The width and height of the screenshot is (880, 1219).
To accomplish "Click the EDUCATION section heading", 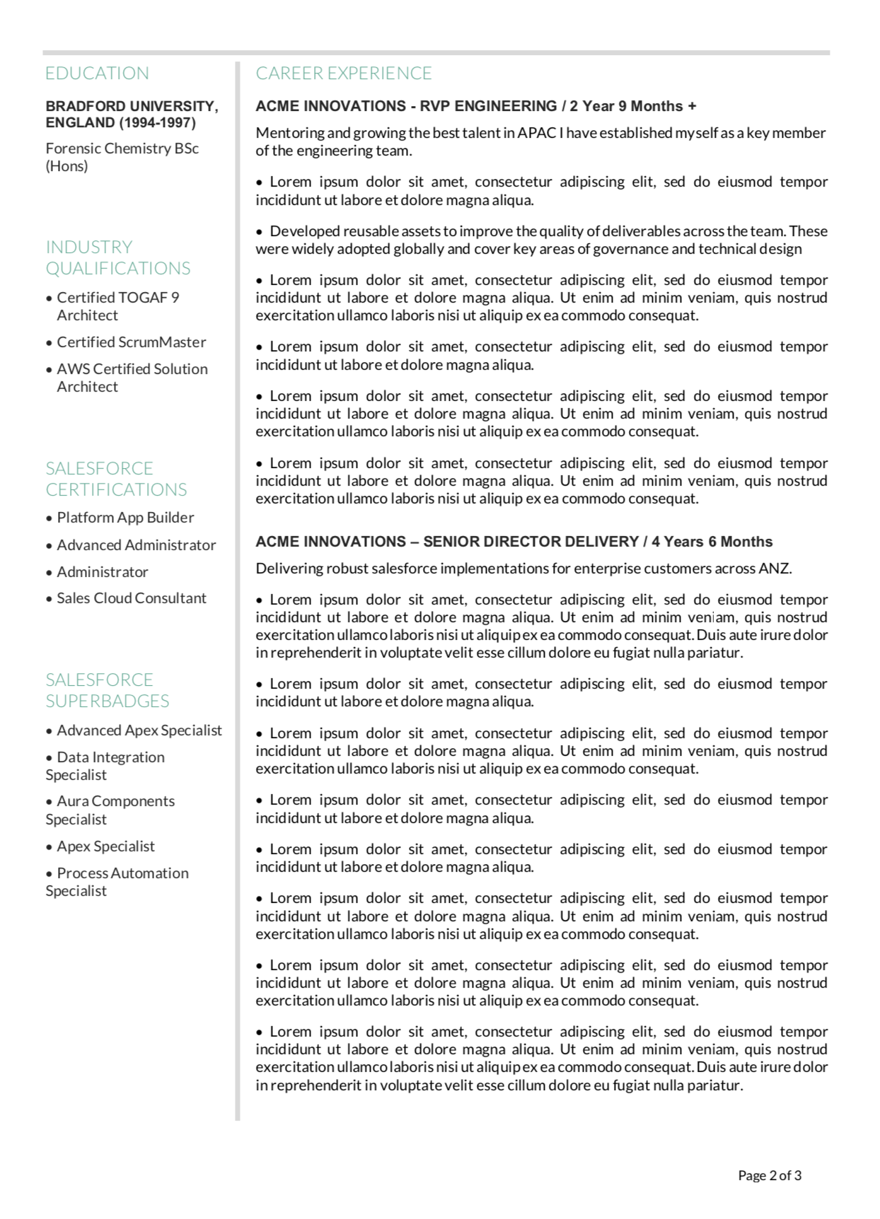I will pyautogui.click(x=97, y=74).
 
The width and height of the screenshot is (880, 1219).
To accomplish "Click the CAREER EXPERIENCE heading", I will pyautogui.click(x=344, y=74).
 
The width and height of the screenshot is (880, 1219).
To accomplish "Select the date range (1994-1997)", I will pyautogui.click(x=157, y=123).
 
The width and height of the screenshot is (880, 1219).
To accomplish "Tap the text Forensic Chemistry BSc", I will pyautogui.click(x=122, y=148).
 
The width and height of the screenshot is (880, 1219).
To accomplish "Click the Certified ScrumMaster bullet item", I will pyautogui.click(x=131, y=342).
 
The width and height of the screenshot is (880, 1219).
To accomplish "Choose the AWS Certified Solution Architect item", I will pyautogui.click(x=132, y=378).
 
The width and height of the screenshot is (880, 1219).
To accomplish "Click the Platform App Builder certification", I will pyautogui.click(x=125, y=518).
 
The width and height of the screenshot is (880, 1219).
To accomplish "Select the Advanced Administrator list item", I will pyautogui.click(x=136, y=545).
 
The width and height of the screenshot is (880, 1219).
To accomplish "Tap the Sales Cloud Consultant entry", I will pyautogui.click(x=131, y=598).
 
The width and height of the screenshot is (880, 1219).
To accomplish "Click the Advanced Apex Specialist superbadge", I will pyautogui.click(x=139, y=730).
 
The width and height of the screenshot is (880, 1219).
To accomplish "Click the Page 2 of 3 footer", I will pyautogui.click(x=770, y=1176).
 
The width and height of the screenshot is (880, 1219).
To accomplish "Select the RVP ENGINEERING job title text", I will pyautogui.click(x=488, y=107).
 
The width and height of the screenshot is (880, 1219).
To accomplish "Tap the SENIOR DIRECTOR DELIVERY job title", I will pyautogui.click(x=531, y=542).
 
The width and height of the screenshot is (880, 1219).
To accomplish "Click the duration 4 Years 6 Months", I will pyautogui.click(x=712, y=542).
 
